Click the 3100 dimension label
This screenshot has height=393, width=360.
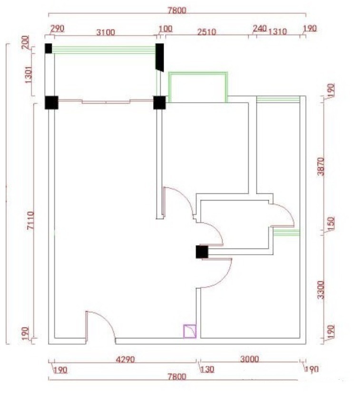coord(106,32)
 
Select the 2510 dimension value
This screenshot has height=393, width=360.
coord(206,32)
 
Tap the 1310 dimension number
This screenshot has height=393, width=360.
coord(278,32)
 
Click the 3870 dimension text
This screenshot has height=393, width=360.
coord(320,166)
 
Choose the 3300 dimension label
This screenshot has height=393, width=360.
coord(320,289)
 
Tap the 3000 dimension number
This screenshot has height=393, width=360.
coord(249,359)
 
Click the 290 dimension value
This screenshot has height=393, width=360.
coord(57,29)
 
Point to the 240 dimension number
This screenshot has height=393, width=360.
coord(259,29)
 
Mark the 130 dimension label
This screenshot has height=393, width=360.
coord(207,369)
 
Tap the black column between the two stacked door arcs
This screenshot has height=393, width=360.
coord(202,252)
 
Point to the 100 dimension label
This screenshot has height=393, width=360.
coord(165,29)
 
